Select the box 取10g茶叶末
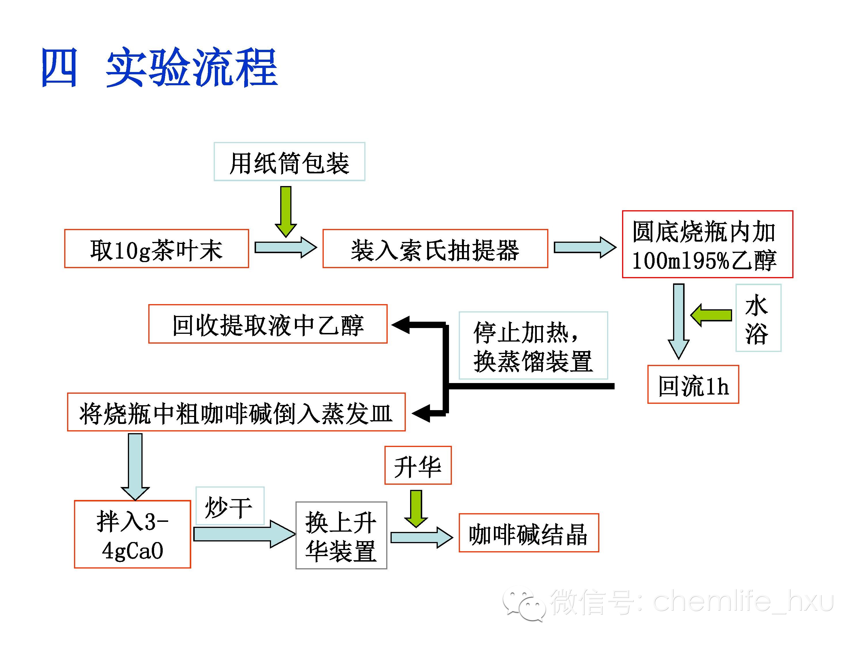[x=156, y=249]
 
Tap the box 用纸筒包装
[x=289, y=162]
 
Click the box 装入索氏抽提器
[x=435, y=249]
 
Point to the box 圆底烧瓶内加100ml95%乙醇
[x=707, y=245]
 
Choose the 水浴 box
[x=758, y=318]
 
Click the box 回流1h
[x=693, y=384]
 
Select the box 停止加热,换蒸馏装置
[x=533, y=345]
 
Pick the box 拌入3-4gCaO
[x=132, y=534]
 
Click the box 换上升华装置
[x=341, y=535]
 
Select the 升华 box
[x=418, y=465]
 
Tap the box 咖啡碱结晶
[x=528, y=533]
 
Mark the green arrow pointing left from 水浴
[x=711, y=315]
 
